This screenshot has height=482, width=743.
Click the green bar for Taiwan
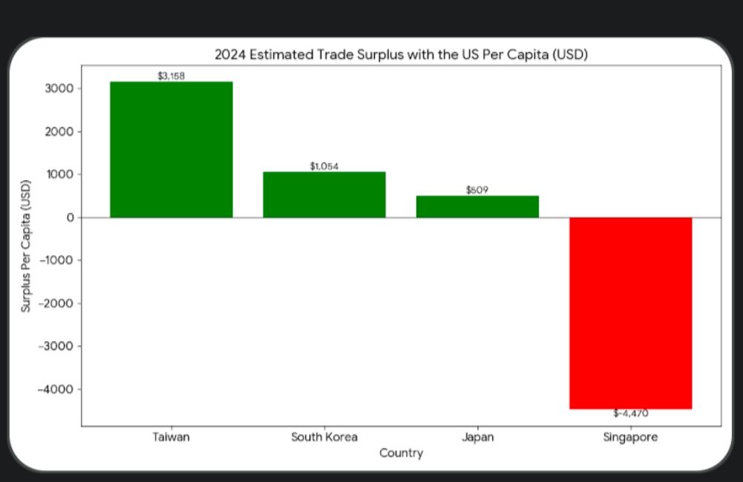(171, 149)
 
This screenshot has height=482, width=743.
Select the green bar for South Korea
(324, 194)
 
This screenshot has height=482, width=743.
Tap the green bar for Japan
(477, 206)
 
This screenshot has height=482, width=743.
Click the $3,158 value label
(171, 76)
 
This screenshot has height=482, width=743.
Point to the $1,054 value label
(324, 166)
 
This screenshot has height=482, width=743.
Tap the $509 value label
(477, 190)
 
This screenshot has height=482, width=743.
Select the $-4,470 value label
(630, 414)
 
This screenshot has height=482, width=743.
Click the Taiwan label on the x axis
(171, 437)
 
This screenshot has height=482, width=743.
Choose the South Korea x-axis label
(324, 437)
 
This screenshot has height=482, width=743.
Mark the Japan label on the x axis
(477, 437)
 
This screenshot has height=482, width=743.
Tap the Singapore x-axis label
(630, 437)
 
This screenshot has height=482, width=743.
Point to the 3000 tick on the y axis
(59, 88)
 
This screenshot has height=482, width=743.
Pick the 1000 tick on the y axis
(59, 174)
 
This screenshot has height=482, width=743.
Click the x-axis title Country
(401, 452)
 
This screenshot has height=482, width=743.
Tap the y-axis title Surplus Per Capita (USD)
(26, 245)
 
